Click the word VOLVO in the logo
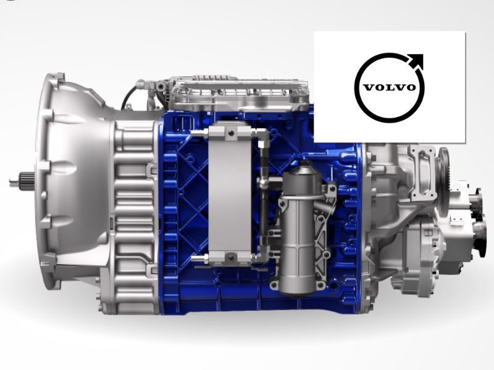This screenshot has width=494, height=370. [389, 87]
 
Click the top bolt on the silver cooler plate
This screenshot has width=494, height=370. [229, 132]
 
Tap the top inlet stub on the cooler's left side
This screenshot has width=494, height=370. [199, 133]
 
